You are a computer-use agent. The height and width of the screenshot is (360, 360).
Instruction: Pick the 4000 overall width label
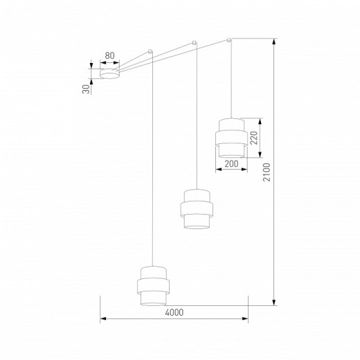coord(174,312)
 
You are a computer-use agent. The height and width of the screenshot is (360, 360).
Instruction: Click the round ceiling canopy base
coord(109,72)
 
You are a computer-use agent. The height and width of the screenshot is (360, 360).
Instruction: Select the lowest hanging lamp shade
coord(152,285)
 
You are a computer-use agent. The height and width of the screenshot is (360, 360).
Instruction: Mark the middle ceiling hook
coord(195,44)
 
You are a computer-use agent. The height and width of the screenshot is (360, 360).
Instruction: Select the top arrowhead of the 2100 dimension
coord(275,41)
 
